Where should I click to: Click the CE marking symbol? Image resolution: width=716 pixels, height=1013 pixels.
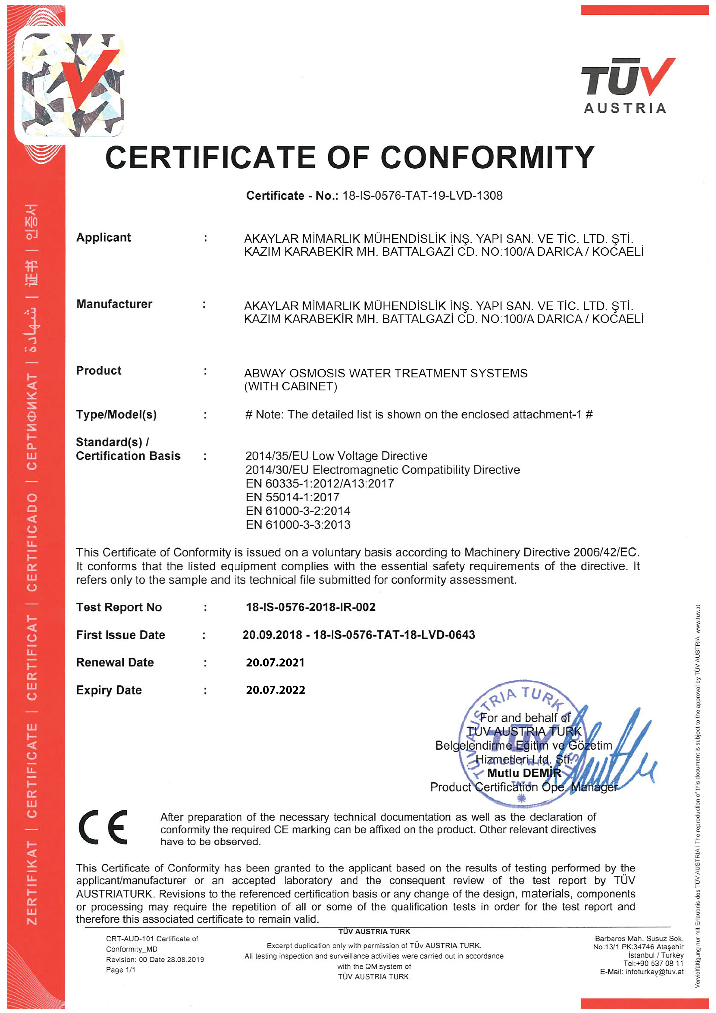click(x=103, y=828)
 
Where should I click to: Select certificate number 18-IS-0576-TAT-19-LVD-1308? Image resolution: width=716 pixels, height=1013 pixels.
click(x=422, y=195)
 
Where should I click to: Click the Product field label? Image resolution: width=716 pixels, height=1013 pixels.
click(x=98, y=370)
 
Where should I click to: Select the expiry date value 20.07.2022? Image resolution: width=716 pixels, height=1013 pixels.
click(x=275, y=690)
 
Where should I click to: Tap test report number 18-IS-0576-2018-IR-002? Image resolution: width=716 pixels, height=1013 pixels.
click(x=311, y=607)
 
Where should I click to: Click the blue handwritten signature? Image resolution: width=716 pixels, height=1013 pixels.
click(x=618, y=750)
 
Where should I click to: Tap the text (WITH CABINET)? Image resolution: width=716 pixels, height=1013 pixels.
click(x=291, y=386)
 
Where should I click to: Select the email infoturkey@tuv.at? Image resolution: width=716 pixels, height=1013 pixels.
click(x=654, y=971)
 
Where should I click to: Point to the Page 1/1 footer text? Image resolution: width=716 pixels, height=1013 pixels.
click(x=120, y=970)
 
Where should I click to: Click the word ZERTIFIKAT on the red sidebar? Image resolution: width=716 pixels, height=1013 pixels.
click(x=32, y=883)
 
